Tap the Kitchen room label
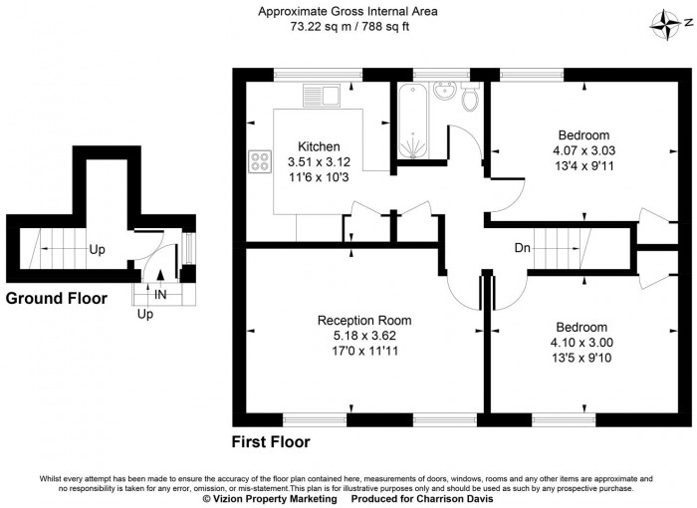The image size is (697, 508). click(x=313, y=146)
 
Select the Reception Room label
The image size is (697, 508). click(x=363, y=321)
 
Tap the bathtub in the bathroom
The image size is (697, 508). click(x=411, y=122)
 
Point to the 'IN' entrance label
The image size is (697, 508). click(x=160, y=294)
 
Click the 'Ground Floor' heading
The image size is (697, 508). click(x=57, y=298)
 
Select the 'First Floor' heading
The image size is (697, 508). click(x=271, y=441)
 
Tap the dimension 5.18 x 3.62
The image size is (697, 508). click(x=363, y=336)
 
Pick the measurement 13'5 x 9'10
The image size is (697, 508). click(x=581, y=357)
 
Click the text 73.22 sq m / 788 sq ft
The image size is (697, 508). click(x=348, y=28)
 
